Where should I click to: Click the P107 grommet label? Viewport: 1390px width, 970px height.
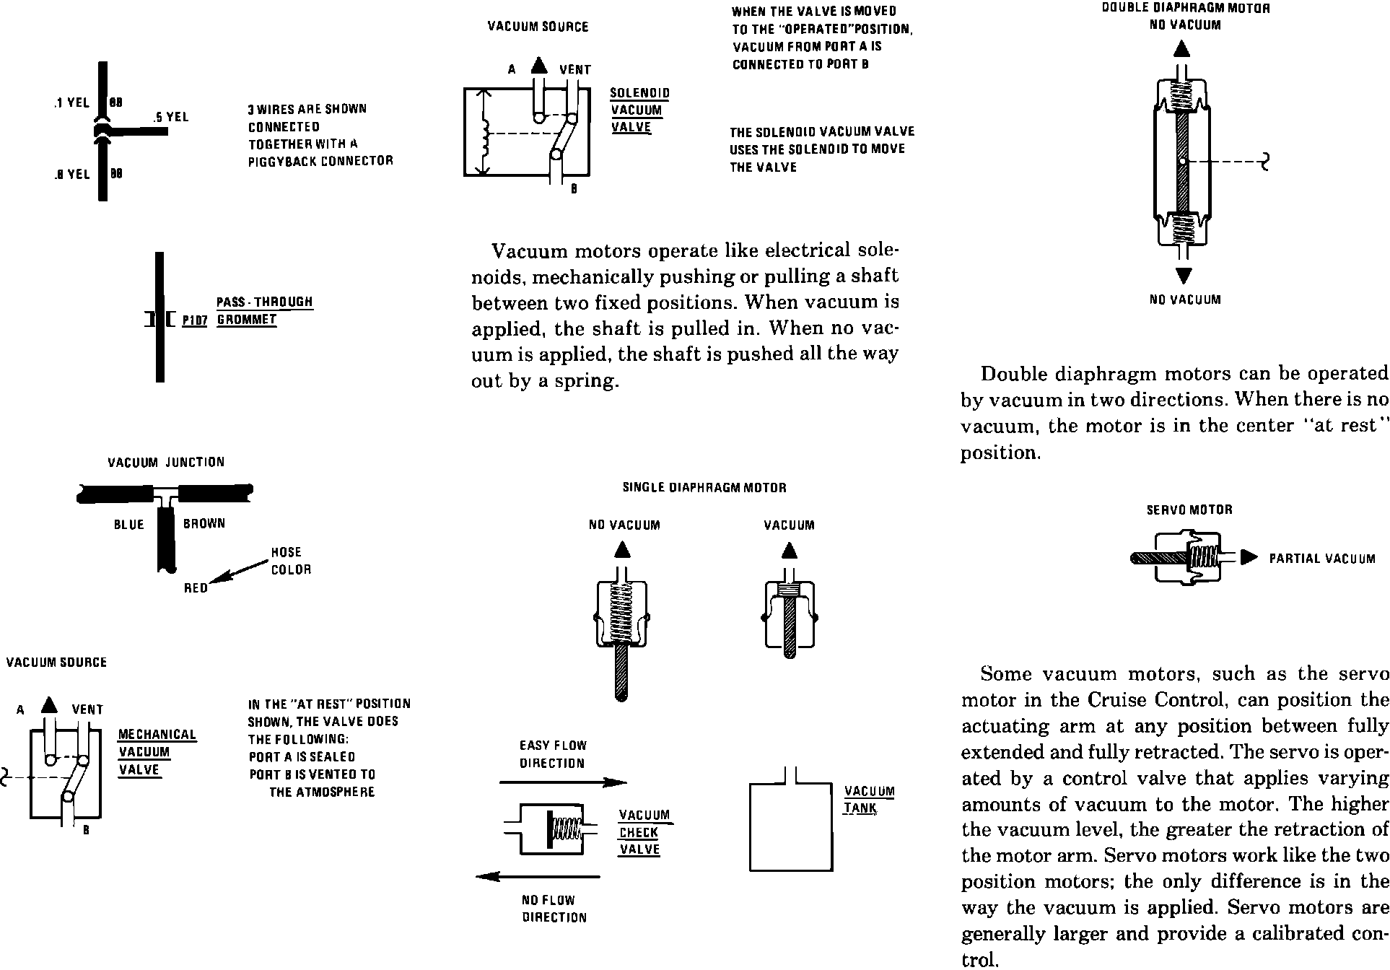click(194, 320)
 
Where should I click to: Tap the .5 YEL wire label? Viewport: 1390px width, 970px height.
click(171, 117)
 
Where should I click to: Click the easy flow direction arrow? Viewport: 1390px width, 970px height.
click(563, 782)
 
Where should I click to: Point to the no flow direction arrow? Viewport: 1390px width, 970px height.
click(538, 877)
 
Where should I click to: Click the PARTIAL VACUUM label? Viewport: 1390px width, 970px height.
click(1322, 559)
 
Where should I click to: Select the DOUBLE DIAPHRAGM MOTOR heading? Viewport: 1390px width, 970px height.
click(1186, 9)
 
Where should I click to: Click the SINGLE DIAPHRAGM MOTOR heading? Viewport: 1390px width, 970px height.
click(704, 488)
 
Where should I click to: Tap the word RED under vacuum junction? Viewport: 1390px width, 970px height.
click(196, 588)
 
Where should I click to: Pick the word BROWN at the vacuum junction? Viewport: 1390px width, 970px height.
click(204, 523)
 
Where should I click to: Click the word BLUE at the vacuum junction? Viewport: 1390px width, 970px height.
click(129, 525)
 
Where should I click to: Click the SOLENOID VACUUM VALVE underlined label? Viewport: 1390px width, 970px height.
click(639, 110)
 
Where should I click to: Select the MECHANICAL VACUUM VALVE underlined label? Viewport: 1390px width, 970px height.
click(157, 752)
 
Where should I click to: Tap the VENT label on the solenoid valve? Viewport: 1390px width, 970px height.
click(575, 70)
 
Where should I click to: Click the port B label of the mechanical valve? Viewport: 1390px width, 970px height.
click(86, 831)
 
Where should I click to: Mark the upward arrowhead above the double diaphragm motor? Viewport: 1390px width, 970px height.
click(1181, 48)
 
